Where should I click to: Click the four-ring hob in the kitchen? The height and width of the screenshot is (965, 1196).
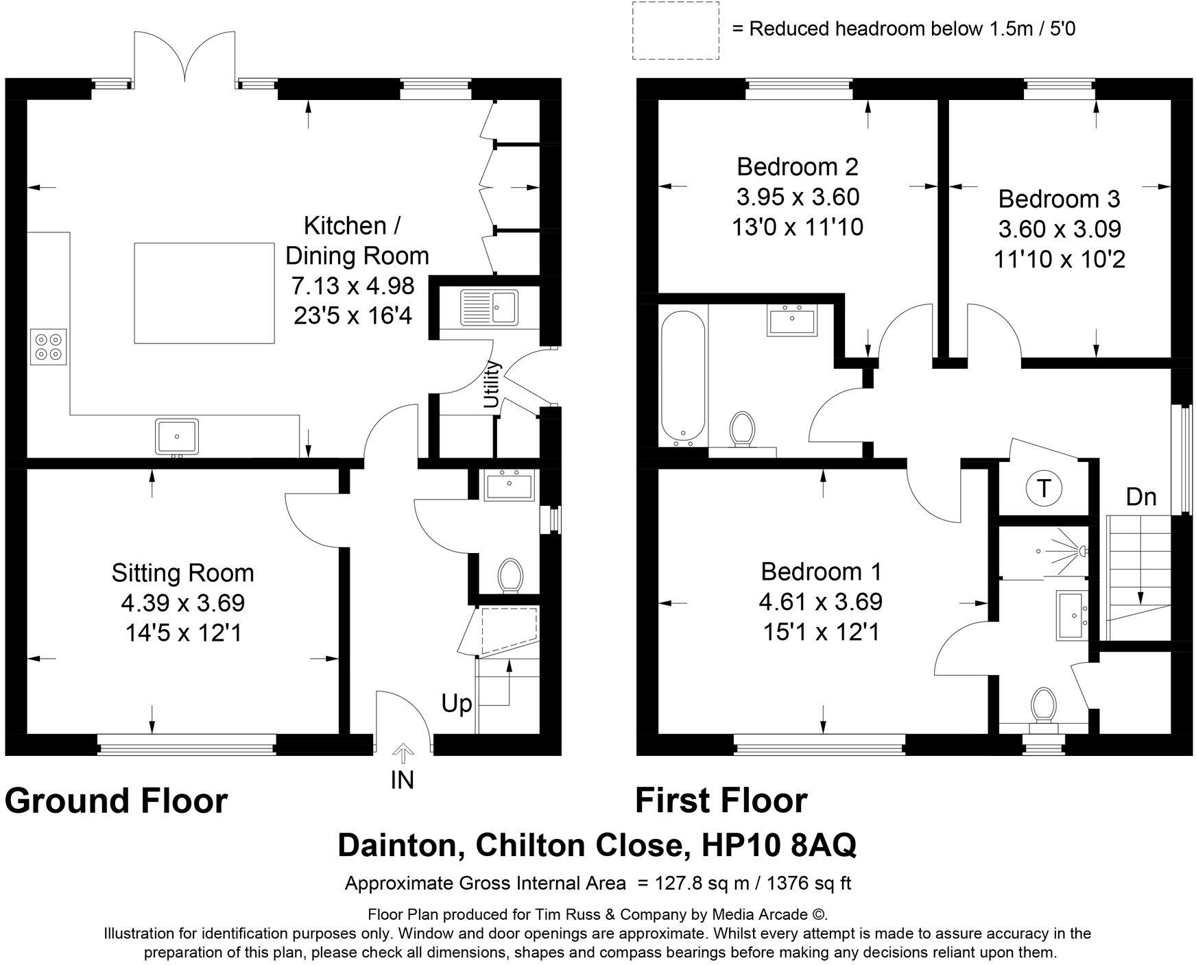click(x=48, y=347)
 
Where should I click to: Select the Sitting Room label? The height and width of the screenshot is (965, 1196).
click(x=182, y=573)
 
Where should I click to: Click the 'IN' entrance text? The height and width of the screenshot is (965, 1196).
click(x=403, y=780)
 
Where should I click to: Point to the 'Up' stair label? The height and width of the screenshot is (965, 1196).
click(x=457, y=704)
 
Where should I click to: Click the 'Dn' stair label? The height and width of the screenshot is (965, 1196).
click(x=1141, y=497)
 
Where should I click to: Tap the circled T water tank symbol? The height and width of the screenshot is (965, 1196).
click(x=1043, y=489)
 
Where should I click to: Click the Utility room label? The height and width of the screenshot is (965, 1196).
click(x=492, y=384)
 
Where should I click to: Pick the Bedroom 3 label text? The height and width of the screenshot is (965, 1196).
click(x=1059, y=199)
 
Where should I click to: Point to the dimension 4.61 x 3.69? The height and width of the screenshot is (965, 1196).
click(x=820, y=602)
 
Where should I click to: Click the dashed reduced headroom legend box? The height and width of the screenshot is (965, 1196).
click(x=675, y=29)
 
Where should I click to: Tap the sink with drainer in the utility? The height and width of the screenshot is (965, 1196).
click(x=489, y=306)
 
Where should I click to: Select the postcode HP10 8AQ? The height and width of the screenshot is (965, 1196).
click(x=778, y=846)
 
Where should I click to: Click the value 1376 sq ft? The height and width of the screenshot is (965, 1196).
click(x=810, y=883)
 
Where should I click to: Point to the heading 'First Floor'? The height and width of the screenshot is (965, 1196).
click(x=721, y=801)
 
